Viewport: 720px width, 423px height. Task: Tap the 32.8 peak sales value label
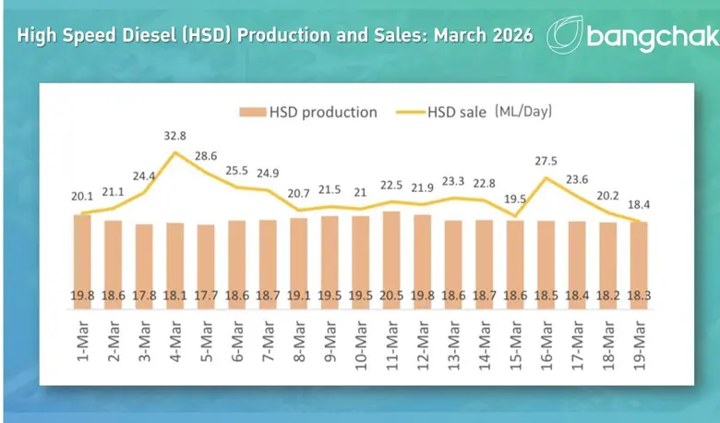coord(175,136)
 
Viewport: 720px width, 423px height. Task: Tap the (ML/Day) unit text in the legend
coord(523,112)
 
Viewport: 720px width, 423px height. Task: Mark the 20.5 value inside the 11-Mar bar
coord(390,296)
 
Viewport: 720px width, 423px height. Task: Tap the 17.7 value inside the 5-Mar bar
coord(206,296)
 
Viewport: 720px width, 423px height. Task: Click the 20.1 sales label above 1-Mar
coord(81,197)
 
